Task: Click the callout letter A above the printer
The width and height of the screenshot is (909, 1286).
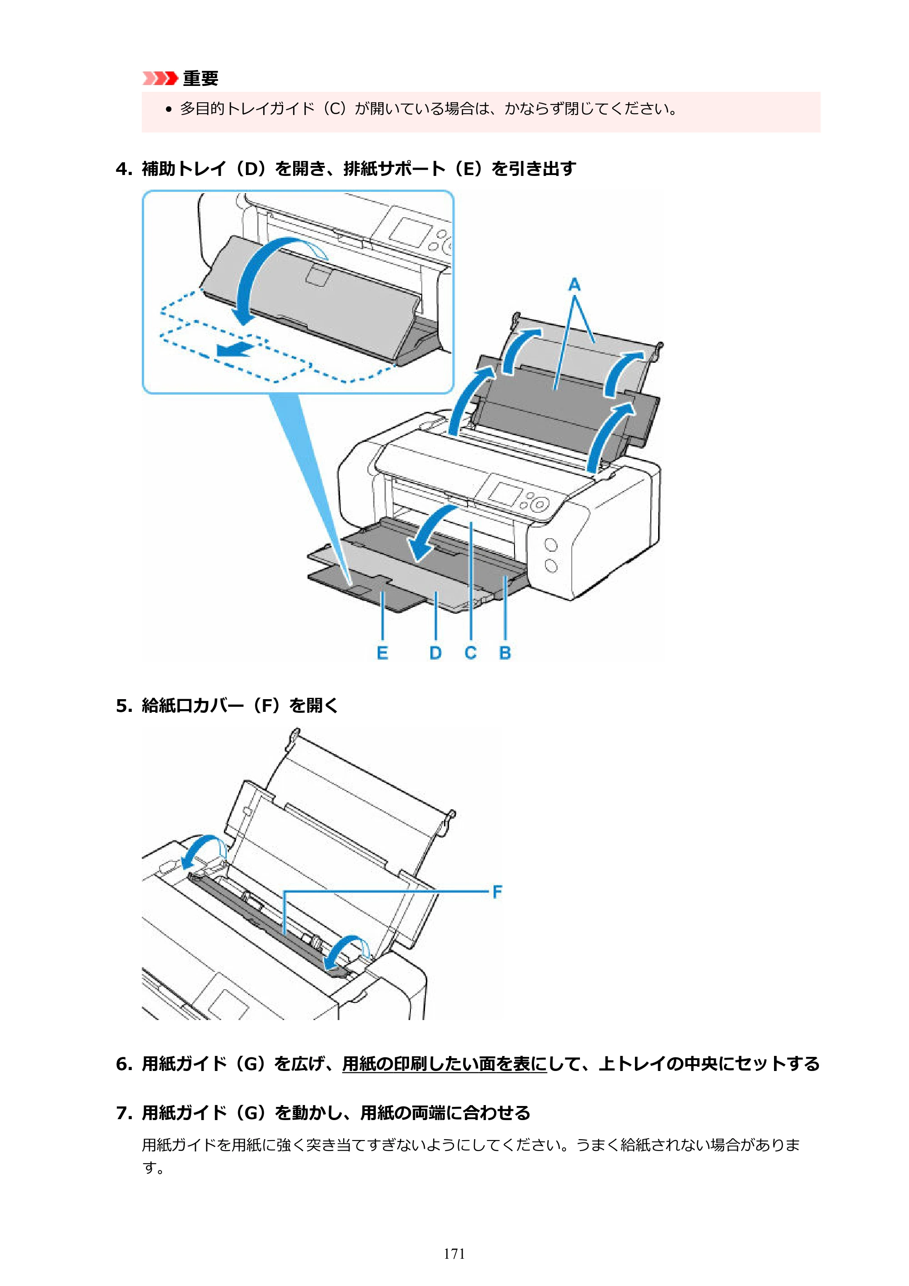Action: pos(574,285)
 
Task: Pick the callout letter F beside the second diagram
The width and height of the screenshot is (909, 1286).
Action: pos(497,892)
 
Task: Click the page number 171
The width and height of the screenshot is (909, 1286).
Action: pos(454,1254)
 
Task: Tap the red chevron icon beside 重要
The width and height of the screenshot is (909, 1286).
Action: pos(160,78)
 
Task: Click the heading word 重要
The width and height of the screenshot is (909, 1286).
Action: pos(200,78)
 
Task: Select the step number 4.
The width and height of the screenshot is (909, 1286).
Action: pos(123,169)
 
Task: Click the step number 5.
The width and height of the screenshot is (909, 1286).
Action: pos(123,706)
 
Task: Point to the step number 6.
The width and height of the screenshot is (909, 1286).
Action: pos(123,1064)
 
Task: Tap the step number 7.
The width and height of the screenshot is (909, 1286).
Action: pos(123,1113)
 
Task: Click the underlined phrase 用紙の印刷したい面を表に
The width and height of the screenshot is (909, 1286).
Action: pos(444,1064)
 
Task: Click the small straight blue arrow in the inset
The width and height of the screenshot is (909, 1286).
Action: pos(236,350)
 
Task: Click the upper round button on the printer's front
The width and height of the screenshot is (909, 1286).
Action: pos(551,545)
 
